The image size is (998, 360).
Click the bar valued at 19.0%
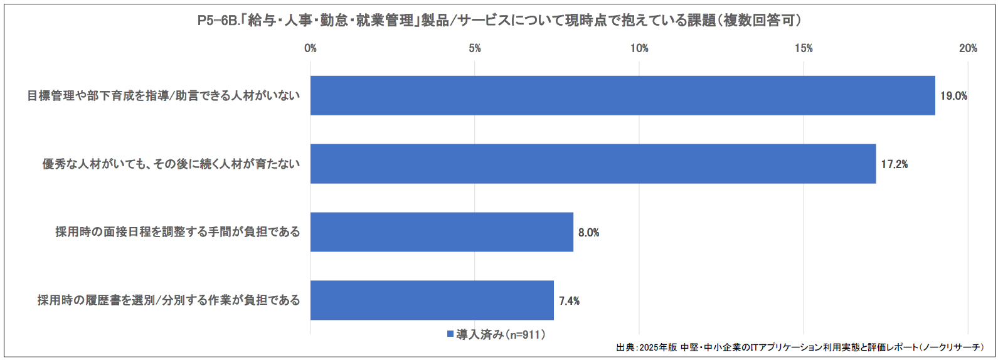(622, 95)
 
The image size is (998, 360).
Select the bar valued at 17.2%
(593, 164)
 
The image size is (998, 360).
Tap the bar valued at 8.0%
(442, 232)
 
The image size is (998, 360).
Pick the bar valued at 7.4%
(432, 300)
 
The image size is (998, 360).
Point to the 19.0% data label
(953, 96)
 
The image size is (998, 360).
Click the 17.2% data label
(894, 164)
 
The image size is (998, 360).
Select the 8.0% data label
(588, 233)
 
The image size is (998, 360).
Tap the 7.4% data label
(569, 301)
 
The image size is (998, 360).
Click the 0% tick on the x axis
(311, 48)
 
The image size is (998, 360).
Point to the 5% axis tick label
(475, 48)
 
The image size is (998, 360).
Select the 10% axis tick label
(639, 48)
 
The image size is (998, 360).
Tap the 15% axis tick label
(804, 48)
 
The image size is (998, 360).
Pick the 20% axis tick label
(968, 48)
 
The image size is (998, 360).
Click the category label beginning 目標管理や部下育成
(164, 96)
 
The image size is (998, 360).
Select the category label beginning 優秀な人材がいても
(171, 164)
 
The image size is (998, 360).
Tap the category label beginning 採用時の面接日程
(178, 232)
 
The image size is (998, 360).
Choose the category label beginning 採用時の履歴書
(169, 300)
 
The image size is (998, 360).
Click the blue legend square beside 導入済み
(450, 334)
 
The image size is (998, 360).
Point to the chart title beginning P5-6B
(499, 21)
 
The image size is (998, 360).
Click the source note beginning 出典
(800, 347)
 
